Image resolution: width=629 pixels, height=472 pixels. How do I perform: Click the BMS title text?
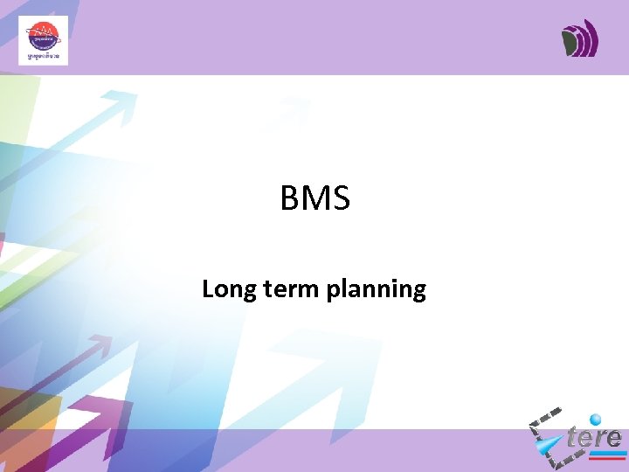click(314, 198)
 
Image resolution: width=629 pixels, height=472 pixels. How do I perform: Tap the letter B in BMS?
click(290, 198)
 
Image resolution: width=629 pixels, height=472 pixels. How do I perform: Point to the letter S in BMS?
click(341, 198)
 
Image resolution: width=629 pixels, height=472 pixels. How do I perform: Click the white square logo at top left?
click(43, 40)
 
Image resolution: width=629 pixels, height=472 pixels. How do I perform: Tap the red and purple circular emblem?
click(43, 36)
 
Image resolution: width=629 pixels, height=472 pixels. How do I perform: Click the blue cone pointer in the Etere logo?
click(550, 447)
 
